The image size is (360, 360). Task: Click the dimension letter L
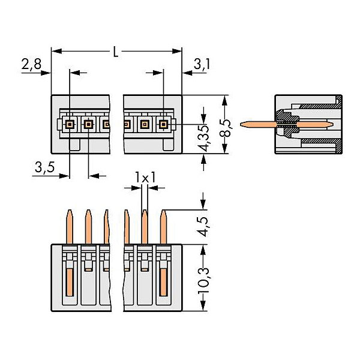116,52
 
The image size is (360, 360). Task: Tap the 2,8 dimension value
31,64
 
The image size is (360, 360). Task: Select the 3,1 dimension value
202,64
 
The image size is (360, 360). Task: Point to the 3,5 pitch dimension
45,167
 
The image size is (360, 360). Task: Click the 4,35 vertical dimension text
204,139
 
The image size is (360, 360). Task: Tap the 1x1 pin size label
145,178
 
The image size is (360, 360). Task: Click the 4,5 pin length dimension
203,227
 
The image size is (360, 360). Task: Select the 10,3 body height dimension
203,280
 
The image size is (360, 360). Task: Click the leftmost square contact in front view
70,124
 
